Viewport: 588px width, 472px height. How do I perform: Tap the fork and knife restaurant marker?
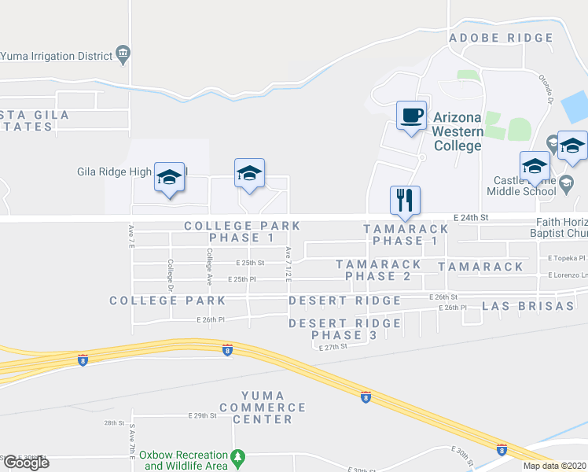pos(406,201)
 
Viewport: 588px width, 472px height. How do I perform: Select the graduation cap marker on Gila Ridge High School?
pos(170,177)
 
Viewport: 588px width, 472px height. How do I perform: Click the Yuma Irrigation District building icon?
pos(123,54)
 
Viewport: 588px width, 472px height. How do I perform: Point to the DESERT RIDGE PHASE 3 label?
pos(344,329)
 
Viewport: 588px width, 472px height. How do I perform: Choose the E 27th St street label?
pos(333,347)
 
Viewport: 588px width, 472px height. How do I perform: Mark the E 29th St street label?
pos(202,415)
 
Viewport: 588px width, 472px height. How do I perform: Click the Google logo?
pos(25,463)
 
